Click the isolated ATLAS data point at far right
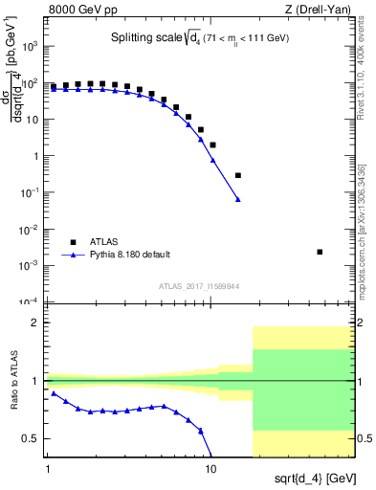pyautogui.click(x=320, y=252)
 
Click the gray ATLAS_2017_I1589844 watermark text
pyautogui.click(x=203, y=285)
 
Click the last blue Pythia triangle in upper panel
pyautogui.click(x=238, y=200)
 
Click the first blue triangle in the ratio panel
pyautogui.click(x=54, y=393)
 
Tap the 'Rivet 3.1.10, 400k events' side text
pyautogui.click(x=366, y=67)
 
